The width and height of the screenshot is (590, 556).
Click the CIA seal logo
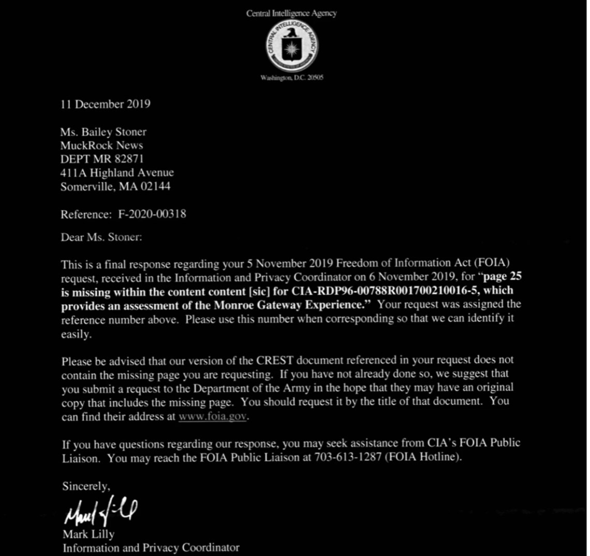291,46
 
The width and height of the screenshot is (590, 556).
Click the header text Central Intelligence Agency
291,13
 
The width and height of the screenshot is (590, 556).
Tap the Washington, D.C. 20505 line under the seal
292,78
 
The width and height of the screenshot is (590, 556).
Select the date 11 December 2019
106,104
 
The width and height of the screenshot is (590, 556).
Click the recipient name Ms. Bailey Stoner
103,132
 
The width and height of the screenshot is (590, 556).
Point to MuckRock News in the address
101,146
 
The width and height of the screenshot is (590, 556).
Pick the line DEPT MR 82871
102,159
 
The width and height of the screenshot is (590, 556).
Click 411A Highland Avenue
117,173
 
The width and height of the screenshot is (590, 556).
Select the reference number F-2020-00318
152,213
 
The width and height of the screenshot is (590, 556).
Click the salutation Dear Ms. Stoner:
101,237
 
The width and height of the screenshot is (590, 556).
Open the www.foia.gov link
212,416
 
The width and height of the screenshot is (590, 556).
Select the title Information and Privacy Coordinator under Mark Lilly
151,547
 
